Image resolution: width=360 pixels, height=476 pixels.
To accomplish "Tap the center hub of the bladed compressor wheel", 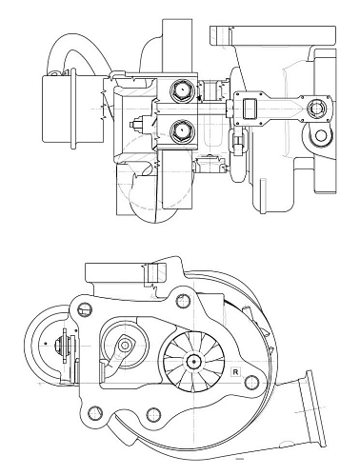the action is click(193, 360).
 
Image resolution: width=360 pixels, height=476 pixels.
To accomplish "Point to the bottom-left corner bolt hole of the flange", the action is click(93, 414).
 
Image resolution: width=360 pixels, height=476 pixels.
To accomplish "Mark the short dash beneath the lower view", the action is click(240, 458).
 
